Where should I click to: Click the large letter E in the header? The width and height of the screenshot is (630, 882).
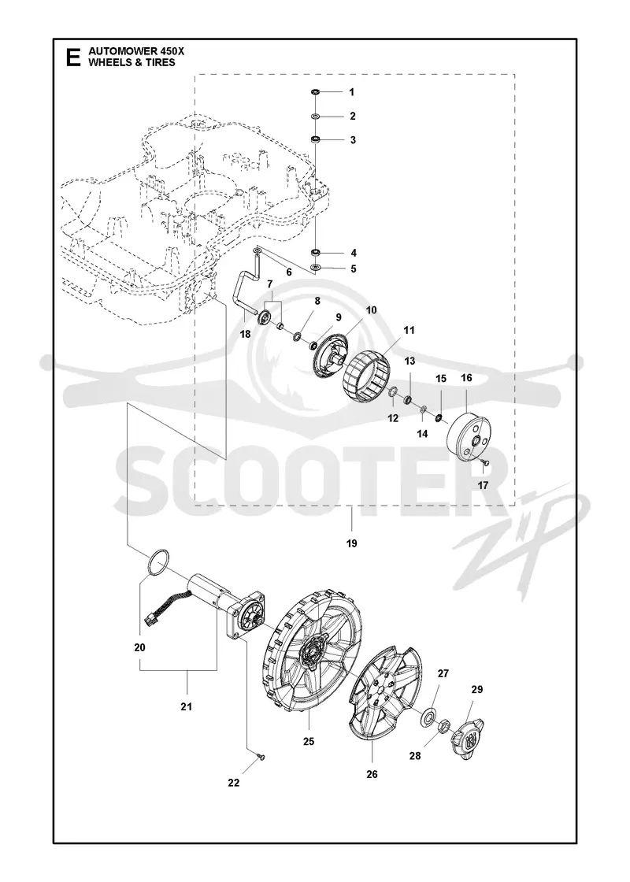(x=74, y=57)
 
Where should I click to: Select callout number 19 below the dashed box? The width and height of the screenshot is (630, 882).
(x=352, y=543)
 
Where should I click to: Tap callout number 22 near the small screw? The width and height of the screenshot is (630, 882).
(x=233, y=783)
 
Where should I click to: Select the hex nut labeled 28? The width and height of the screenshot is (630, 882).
(x=443, y=725)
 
